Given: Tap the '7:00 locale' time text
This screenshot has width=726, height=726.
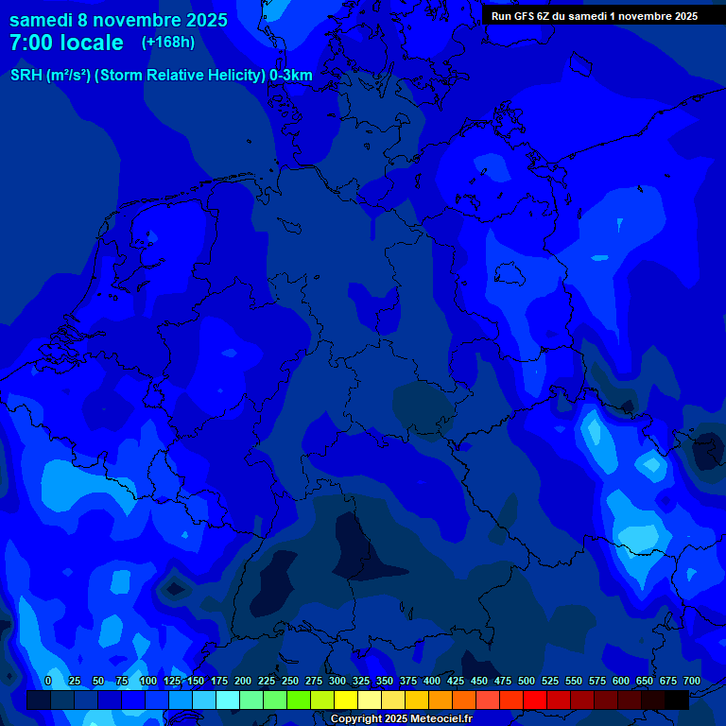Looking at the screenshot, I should point(66,43).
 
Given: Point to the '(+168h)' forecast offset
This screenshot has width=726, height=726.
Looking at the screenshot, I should point(168,42).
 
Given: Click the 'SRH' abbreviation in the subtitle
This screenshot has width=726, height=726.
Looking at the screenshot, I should point(26,76).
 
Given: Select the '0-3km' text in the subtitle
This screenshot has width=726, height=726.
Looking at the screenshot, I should point(291,76).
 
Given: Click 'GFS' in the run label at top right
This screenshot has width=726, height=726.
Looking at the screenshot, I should point(531,16).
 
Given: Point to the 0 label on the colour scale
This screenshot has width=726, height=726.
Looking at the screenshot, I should point(48,681).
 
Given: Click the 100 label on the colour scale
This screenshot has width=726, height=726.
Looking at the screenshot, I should point(148,681).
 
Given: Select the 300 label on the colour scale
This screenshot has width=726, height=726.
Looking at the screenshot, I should point(337,681).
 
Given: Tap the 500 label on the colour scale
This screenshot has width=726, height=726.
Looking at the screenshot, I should point(527,681).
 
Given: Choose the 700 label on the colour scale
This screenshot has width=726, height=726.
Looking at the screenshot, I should point(692,681).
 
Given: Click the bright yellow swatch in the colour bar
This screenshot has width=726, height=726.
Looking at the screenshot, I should point(346,700).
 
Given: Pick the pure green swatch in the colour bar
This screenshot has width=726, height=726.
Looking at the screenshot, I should point(275,700).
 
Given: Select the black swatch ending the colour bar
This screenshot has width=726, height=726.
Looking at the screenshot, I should point(677,700).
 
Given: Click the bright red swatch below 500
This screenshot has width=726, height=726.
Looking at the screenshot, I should point(535,700).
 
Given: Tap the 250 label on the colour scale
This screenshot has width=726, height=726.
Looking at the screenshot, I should point(290,681).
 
